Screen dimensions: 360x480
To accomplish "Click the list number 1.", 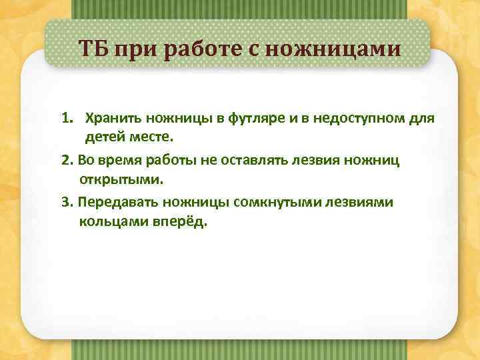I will [x=67, y=119].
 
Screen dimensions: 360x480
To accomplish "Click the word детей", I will [x=103, y=139].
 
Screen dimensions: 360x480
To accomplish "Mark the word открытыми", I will [x=120, y=180].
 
